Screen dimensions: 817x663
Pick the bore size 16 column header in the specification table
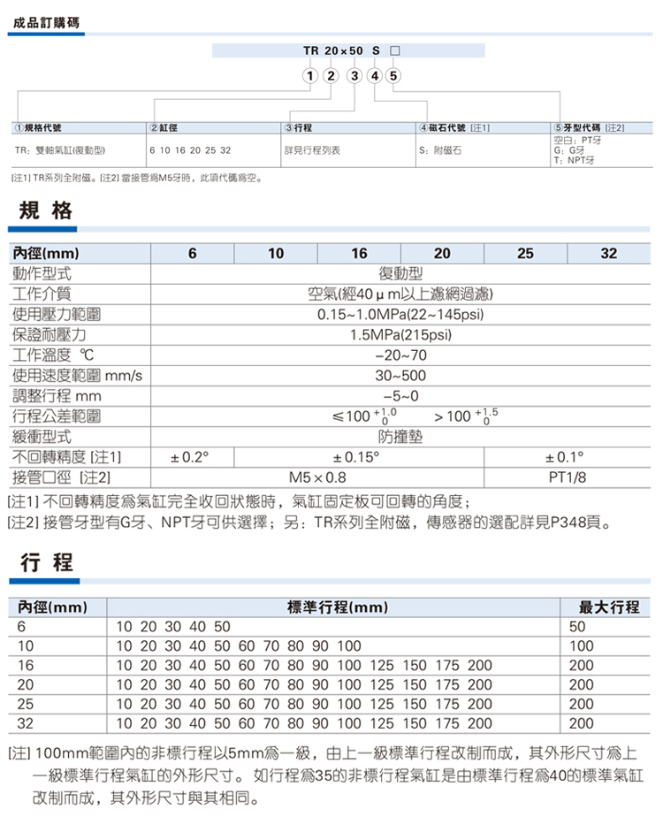pos(359,254)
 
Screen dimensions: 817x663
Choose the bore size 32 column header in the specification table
pos(608,254)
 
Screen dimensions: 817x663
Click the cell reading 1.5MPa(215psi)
pos(400,335)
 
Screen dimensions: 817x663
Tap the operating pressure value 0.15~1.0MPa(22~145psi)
pos(400,315)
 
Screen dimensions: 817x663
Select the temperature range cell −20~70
pos(400,355)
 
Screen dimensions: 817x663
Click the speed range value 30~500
pos(400,376)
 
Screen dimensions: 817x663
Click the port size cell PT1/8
pos(566,477)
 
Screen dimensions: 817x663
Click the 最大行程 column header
pos(608,607)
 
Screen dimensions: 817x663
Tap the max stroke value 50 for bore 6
pos(577,627)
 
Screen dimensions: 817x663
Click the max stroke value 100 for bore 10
pos(581,646)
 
